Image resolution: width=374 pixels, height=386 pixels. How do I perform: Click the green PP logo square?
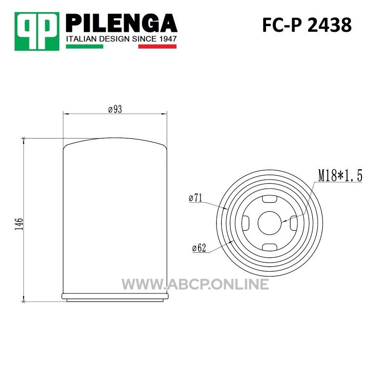(x=37, y=31)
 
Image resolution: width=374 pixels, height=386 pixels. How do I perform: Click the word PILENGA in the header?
(x=121, y=23)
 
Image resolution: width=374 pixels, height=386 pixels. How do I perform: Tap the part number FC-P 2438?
(x=307, y=25)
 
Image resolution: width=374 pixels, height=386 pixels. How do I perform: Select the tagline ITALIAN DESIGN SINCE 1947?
(x=121, y=39)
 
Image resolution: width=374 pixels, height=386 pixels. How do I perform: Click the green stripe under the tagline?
(x=85, y=46)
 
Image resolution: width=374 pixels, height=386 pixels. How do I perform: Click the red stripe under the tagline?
(x=158, y=46)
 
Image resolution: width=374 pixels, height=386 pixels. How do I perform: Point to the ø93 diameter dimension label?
(x=115, y=109)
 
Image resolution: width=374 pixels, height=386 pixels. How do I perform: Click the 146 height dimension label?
(x=19, y=224)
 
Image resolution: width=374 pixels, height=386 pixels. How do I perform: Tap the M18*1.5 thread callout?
(x=340, y=176)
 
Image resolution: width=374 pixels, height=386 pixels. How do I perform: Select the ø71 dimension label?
(x=196, y=198)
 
